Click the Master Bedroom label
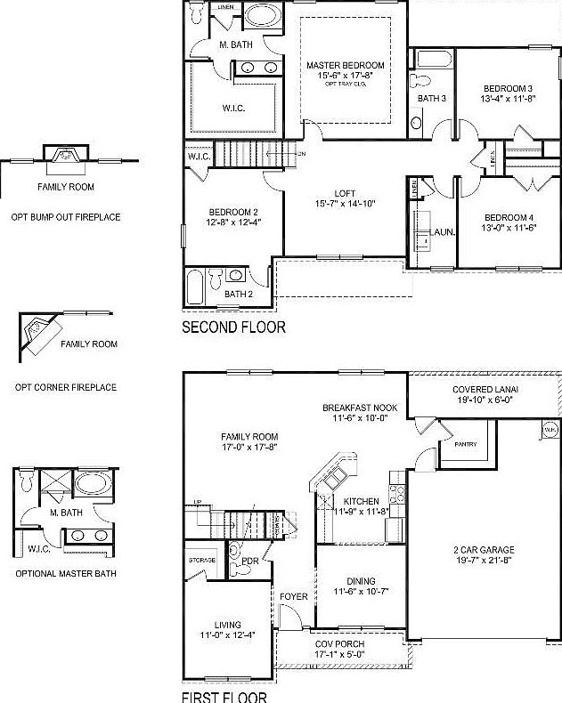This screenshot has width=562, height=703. [x=346, y=66]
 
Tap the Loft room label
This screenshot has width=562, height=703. [x=346, y=193]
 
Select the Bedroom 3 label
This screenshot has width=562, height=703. [x=508, y=88]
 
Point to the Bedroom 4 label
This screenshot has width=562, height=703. [x=509, y=218]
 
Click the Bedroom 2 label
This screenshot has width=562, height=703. [x=233, y=211]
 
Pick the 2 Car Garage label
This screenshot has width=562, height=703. [x=485, y=550]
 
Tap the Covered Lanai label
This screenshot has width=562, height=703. [x=485, y=390]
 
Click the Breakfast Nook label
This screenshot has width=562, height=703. [x=360, y=408]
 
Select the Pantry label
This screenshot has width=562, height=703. [x=465, y=444]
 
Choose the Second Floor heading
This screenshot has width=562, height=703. [x=233, y=327]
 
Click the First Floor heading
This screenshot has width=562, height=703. [x=223, y=697]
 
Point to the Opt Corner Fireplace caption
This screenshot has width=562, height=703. [x=66, y=387]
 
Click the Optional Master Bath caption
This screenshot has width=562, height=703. [x=66, y=574]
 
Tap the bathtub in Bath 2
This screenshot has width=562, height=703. [x=195, y=287]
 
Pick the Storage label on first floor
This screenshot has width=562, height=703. [x=202, y=561]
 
